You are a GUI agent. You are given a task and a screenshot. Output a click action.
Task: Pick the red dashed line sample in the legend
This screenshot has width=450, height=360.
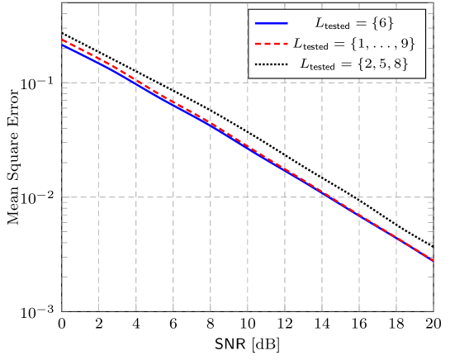click(x=272, y=43)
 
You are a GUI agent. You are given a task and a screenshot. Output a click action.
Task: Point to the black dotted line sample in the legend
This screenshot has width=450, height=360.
click(x=272, y=64)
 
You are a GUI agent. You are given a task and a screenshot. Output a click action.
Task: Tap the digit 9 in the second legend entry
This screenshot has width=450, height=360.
click(x=404, y=43)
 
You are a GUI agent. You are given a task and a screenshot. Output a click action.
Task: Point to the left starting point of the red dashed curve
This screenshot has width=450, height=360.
click(x=62, y=40)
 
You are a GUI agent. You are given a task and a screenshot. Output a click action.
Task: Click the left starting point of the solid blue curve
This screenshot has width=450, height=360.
click(x=62, y=45)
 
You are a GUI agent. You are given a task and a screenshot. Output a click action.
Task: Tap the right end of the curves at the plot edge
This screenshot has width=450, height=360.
click(x=433, y=260)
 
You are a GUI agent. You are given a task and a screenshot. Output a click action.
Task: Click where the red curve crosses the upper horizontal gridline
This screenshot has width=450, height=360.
click(x=139, y=83)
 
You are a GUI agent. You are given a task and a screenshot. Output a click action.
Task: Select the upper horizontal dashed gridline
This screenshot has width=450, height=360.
click(x=206, y=83)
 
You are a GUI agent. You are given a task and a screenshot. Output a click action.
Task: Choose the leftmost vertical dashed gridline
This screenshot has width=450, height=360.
click(x=99, y=206)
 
